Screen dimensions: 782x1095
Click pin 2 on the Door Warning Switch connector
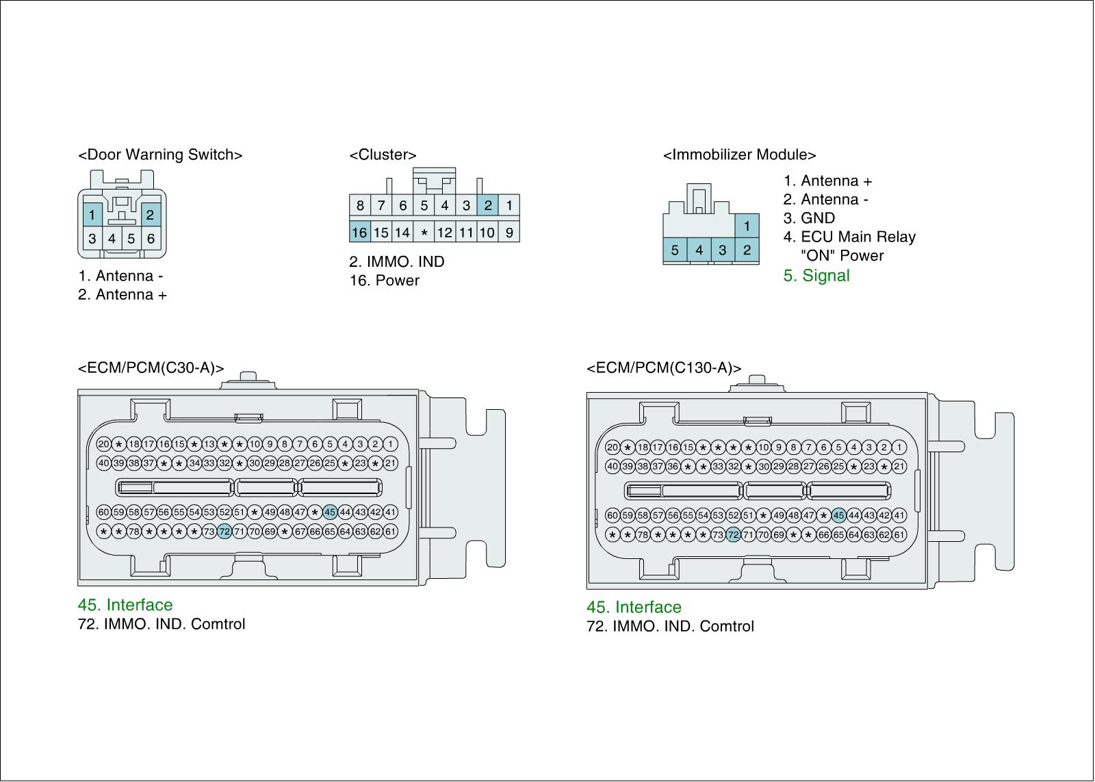click(150, 215)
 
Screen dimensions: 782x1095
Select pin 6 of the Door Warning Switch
click(151, 239)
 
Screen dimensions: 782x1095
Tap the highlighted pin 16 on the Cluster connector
click(359, 233)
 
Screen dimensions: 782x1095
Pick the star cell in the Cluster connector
click(424, 233)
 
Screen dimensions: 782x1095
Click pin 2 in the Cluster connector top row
click(487, 205)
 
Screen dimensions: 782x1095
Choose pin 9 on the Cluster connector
click(509, 233)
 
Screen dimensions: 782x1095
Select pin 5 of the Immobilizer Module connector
click(675, 250)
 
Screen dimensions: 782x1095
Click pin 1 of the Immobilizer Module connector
click(747, 226)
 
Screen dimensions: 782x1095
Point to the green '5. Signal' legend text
click(816, 276)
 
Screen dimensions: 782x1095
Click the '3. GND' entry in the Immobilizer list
click(809, 218)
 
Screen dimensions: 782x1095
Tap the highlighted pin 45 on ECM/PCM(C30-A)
click(330, 512)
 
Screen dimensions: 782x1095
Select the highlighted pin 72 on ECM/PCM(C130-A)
click(733, 535)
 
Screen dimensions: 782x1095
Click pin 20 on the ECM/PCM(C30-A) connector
click(103, 444)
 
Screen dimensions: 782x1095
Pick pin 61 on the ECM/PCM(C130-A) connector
click(899, 535)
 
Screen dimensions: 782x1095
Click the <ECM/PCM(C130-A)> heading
click(663, 368)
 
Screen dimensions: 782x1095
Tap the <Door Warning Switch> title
click(160, 155)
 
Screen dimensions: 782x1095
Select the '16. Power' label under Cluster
click(384, 281)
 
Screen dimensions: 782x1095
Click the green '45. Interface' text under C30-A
click(125, 605)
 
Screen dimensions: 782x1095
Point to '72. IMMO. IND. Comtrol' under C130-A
click(670, 626)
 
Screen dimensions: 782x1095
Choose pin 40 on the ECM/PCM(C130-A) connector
click(613, 467)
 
